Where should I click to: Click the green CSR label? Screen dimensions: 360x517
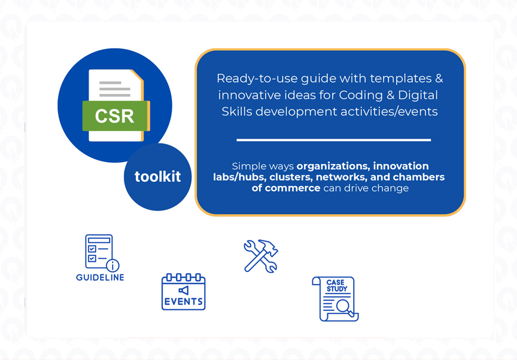pyautogui.click(x=115, y=115)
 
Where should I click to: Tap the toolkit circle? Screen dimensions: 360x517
pyautogui.click(x=157, y=177)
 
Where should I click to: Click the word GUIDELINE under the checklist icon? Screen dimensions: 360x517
pyautogui.click(x=100, y=277)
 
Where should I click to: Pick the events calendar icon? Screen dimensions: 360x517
pyautogui.click(x=183, y=292)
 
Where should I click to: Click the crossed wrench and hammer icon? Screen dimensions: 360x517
pyautogui.click(x=261, y=257)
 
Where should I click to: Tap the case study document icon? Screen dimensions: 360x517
pyautogui.click(x=335, y=298)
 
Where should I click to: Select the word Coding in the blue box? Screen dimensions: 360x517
pyautogui.click(x=360, y=95)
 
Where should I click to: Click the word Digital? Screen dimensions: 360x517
pyautogui.click(x=417, y=95)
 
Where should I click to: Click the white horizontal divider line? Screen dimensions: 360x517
pyautogui.click(x=333, y=140)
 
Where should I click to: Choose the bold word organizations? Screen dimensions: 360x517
pyautogui.click(x=333, y=166)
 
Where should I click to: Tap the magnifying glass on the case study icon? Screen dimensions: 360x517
pyautogui.click(x=344, y=306)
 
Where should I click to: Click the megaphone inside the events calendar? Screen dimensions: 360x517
pyautogui.click(x=183, y=290)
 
